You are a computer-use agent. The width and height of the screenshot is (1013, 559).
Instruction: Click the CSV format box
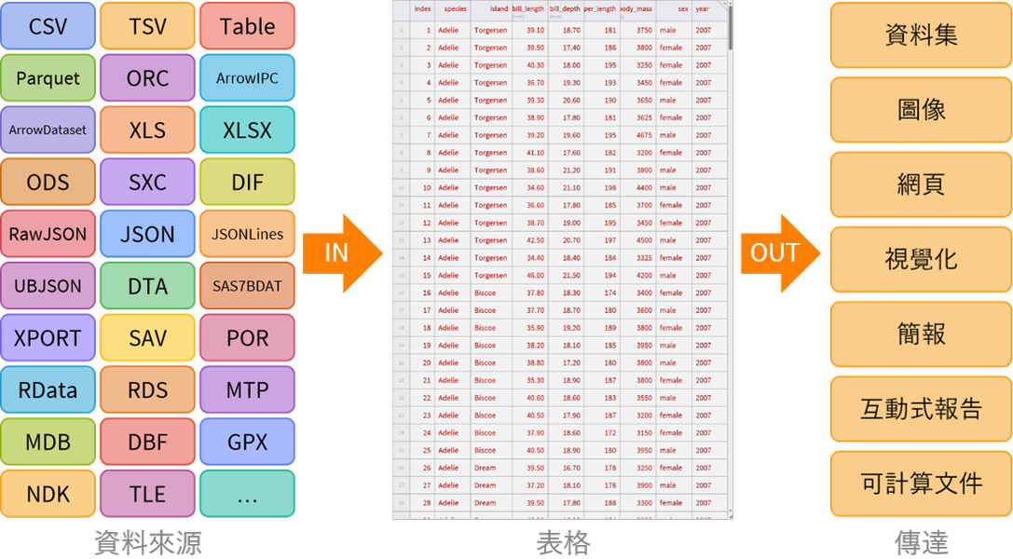tap(48, 26)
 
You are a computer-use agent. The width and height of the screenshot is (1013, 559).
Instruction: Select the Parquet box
tap(48, 78)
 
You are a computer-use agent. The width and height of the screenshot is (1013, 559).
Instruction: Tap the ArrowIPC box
tap(247, 78)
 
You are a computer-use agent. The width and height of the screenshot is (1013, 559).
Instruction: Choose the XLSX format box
tap(247, 130)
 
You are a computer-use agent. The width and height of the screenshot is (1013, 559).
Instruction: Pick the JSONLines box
tap(247, 234)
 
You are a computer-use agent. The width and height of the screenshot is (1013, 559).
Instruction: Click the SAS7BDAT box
tap(247, 286)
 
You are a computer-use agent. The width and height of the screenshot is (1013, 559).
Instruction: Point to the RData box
tap(48, 389)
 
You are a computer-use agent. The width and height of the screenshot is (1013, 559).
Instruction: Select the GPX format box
tap(247, 442)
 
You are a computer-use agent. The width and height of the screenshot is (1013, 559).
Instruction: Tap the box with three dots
tap(247, 494)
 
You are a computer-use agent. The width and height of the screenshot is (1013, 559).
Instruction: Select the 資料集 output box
tap(921, 35)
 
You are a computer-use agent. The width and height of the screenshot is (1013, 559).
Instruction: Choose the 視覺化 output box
tap(921, 259)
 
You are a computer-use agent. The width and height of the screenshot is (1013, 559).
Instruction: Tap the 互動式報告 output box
tap(921, 408)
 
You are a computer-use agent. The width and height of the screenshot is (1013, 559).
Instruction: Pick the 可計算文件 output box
tap(921, 483)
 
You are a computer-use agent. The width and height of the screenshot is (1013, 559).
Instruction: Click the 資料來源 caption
tap(147, 542)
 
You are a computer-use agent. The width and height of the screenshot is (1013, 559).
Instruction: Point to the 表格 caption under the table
tap(563, 542)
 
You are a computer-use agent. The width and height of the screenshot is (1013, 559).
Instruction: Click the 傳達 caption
tap(921, 542)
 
